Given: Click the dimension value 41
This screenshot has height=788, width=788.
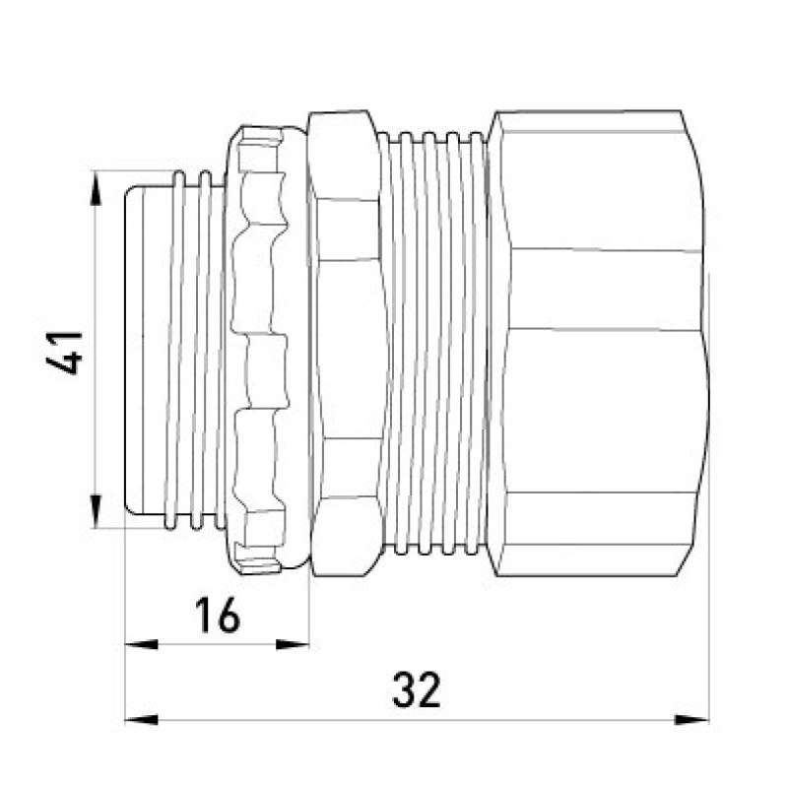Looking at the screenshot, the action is pos(64,353).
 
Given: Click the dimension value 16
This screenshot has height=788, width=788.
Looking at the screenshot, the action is pos(217,615).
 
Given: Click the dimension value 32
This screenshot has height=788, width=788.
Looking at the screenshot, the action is pos(416,689).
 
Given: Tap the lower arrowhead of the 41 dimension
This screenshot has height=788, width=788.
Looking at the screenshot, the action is pos(96,511).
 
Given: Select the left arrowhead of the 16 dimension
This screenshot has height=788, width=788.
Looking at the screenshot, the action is pos(141,644).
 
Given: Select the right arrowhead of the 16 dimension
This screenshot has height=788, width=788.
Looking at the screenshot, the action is pos(292,644).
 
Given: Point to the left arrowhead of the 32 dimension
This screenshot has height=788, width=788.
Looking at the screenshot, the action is pos(141,720).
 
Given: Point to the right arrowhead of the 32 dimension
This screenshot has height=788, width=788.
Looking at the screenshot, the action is pos(691,720).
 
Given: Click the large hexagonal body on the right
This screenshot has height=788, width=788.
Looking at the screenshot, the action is pos(598,343).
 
